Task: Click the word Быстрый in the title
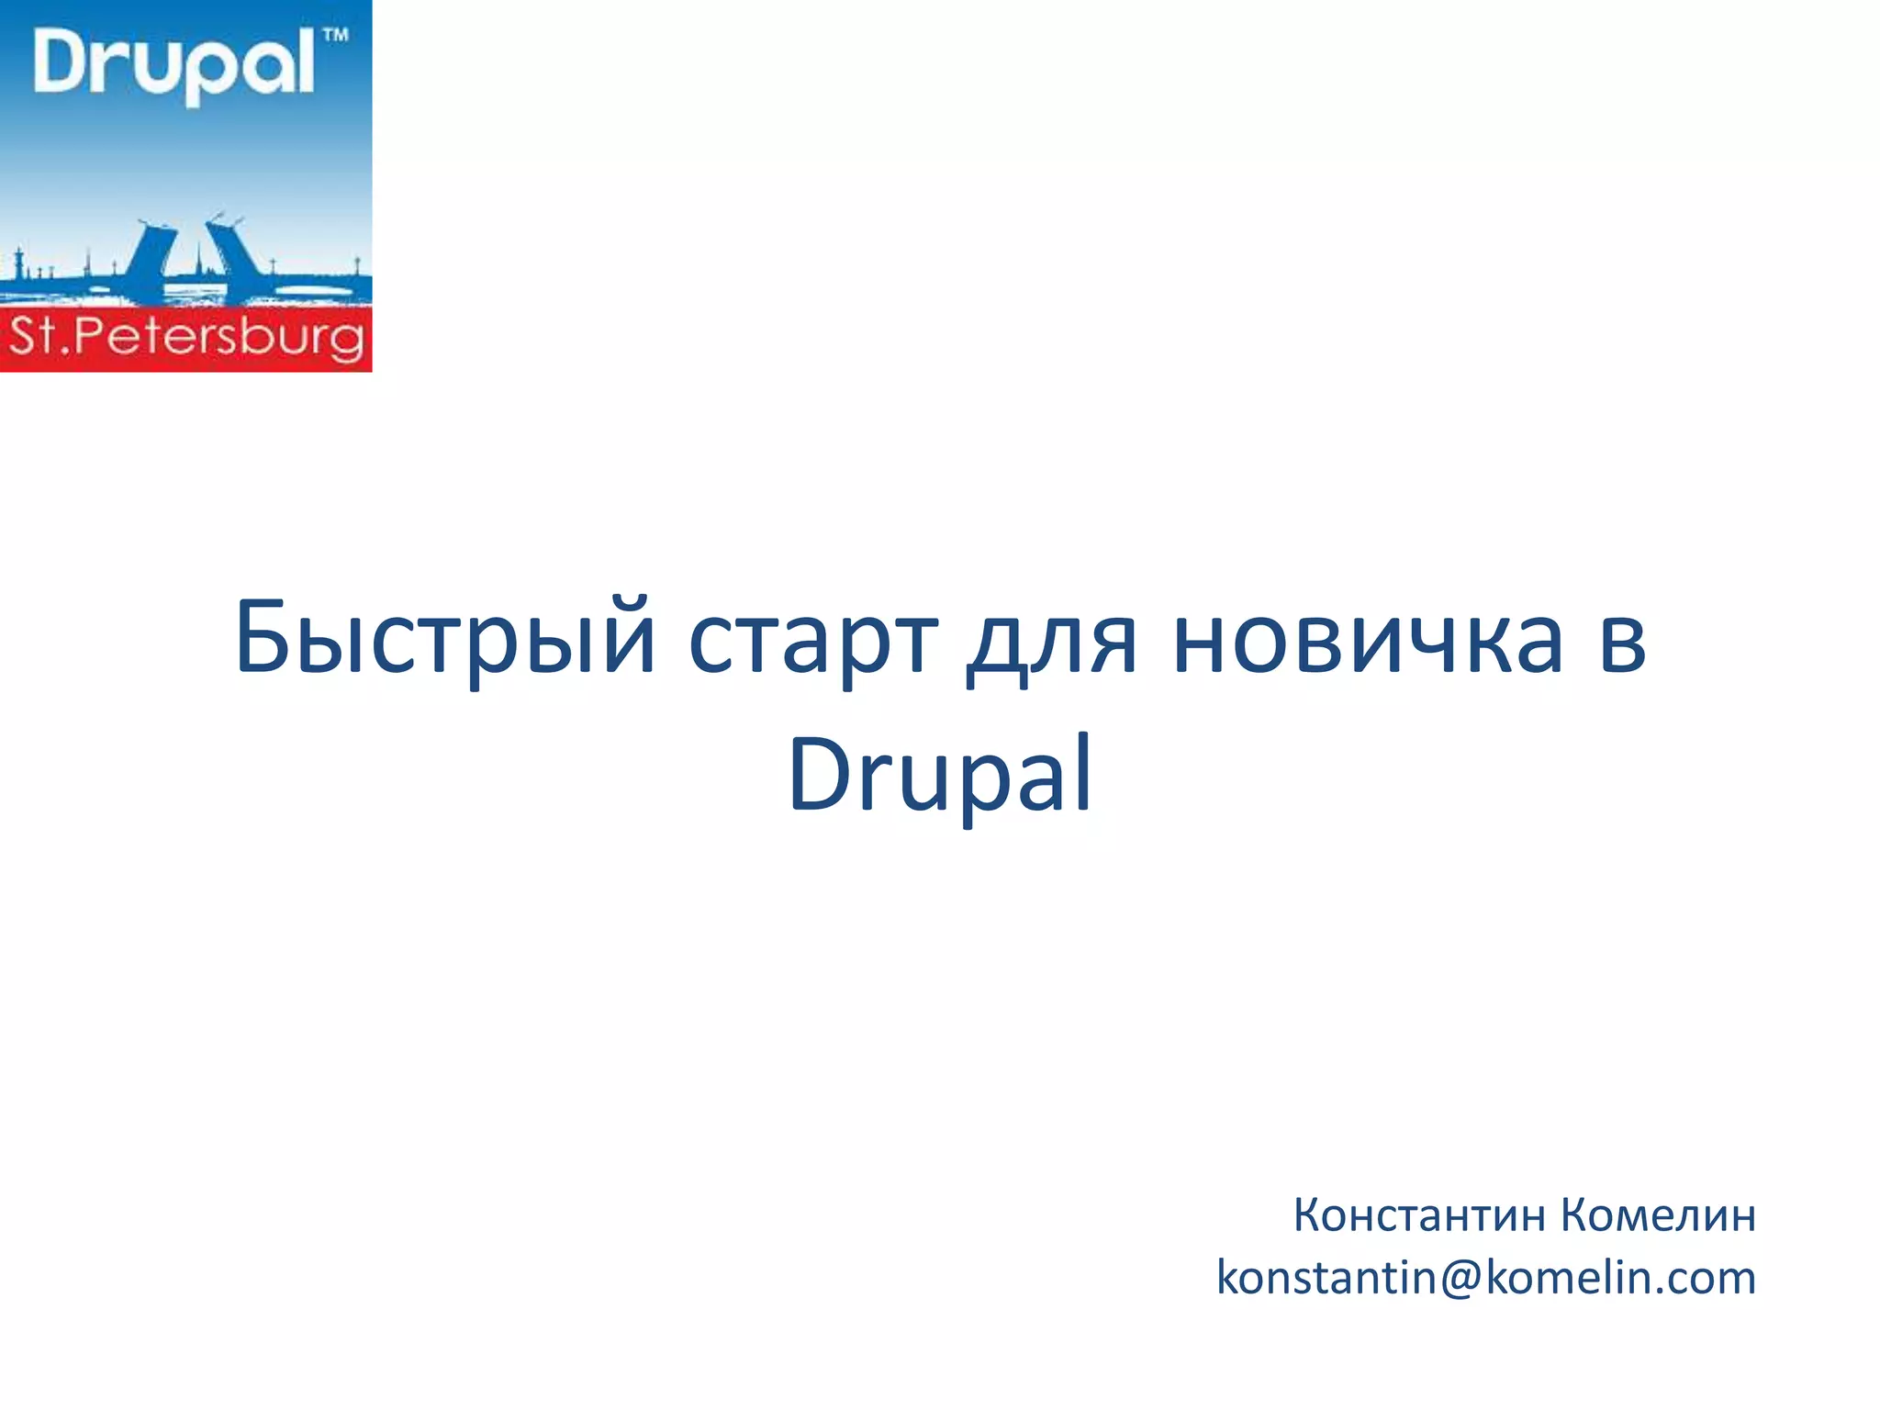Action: point(445,638)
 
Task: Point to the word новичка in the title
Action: point(1368,638)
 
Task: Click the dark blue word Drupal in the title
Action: point(940,776)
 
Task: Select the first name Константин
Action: point(1419,1215)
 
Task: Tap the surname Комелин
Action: point(1658,1215)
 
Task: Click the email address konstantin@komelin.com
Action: point(1485,1278)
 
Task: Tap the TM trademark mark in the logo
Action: point(336,37)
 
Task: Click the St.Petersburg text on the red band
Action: point(186,338)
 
